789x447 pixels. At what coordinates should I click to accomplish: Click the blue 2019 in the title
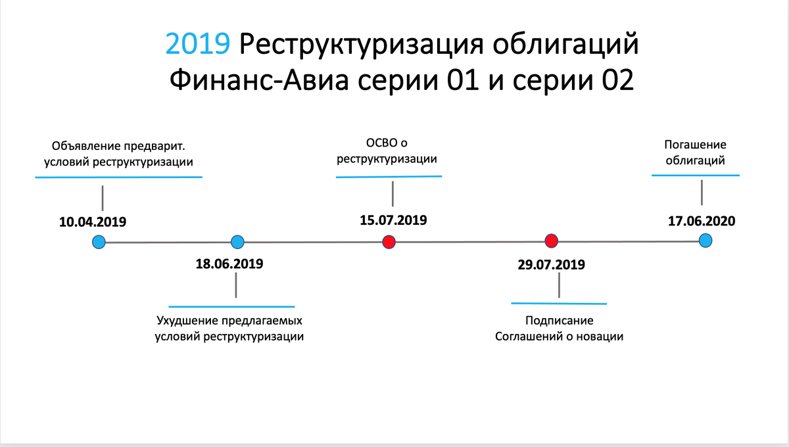point(197,45)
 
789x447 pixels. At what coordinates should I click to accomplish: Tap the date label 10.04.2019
point(92,222)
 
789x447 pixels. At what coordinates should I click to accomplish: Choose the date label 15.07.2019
point(393,220)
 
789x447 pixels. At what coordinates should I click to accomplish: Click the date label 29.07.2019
point(551,266)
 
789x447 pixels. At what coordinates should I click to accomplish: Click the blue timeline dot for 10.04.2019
point(99,242)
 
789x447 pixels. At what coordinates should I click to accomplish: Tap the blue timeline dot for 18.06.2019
point(238,242)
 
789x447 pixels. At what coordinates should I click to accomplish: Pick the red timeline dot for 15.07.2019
point(389,242)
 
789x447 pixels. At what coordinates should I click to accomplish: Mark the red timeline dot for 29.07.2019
point(552,241)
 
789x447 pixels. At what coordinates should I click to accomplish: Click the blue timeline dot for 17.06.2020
point(705,240)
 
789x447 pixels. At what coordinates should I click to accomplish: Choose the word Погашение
point(695,145)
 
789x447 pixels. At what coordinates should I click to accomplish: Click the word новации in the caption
point(598,336)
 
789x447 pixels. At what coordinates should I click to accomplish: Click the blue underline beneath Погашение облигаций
point(696,176)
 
